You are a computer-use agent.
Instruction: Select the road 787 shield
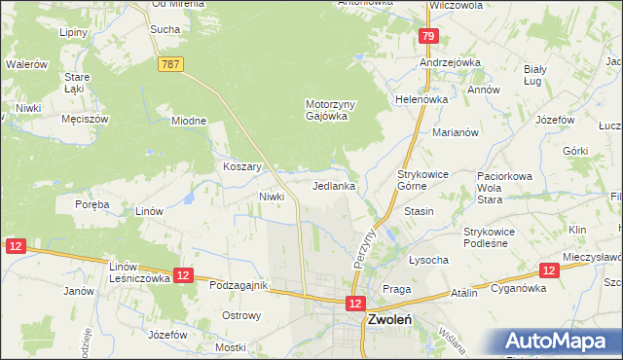pyautogui.click(x=168, y=62)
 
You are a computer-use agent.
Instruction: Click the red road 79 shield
pyautogui.click(x=427, y=36)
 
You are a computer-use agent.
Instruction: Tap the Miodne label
pyautogui.click(x=189, y=121)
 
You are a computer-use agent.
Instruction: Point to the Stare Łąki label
pyautogui.click(x=77, y=83)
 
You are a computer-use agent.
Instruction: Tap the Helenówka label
pyautogui.click(x=420, y=99)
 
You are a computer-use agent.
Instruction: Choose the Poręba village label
pyautogui.click(x=92, y=205)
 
